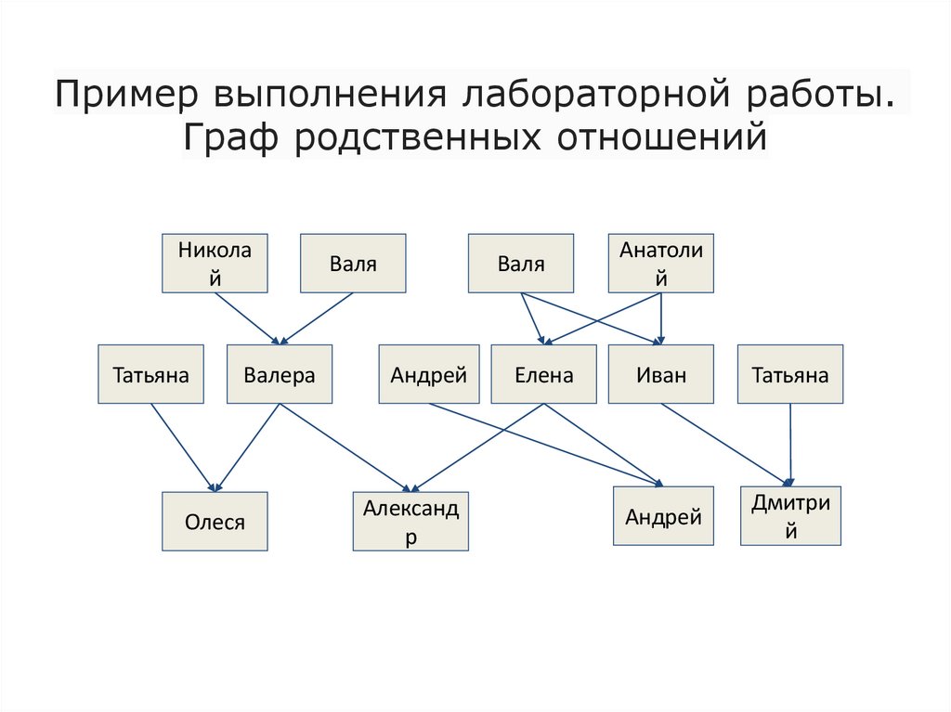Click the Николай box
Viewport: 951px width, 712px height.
tap(215, 263)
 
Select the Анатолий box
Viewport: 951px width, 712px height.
tap(660, 263)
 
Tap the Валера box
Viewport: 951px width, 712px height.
tap(280, 375)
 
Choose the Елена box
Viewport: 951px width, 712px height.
tap(544, 375)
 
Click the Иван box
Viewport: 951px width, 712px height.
tap(661, 375)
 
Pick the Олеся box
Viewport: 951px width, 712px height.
tap(215, 522)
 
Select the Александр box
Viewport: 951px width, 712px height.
tap(410, 522)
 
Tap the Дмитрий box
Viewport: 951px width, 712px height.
tap(790, 516)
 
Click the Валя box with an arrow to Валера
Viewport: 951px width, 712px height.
tap(353, 263)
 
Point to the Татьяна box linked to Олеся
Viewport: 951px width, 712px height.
tap(151, 375)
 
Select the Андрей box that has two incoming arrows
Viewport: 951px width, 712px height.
tap(663, 516)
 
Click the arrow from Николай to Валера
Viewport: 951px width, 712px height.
tap(245, 317)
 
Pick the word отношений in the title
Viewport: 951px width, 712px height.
tap(663, 137)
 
